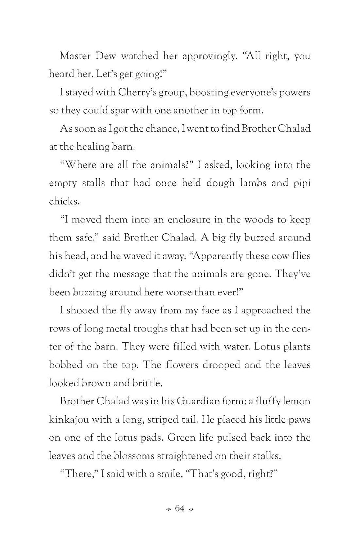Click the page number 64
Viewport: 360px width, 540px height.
180,508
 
